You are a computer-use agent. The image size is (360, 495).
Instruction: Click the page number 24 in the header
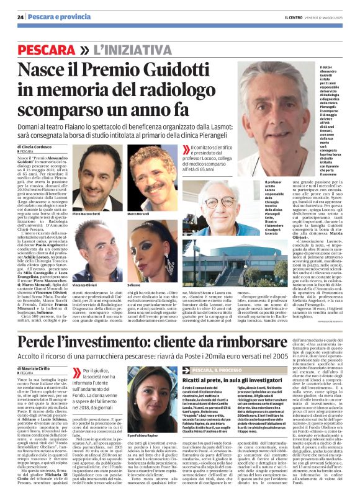[x=20, y=17]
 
